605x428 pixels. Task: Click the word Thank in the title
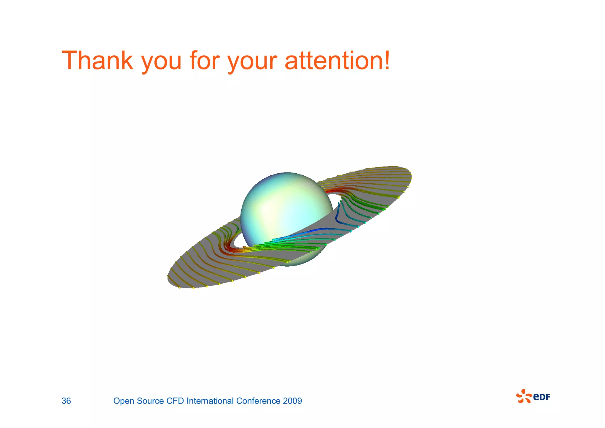pos(97,60)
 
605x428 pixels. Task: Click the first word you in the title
pos(161,62)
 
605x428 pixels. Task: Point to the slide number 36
pos(66,401)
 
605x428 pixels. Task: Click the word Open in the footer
pos(124,401)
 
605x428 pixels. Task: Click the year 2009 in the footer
pos(292,401)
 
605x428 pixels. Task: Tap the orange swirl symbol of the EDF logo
pos(524,396)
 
